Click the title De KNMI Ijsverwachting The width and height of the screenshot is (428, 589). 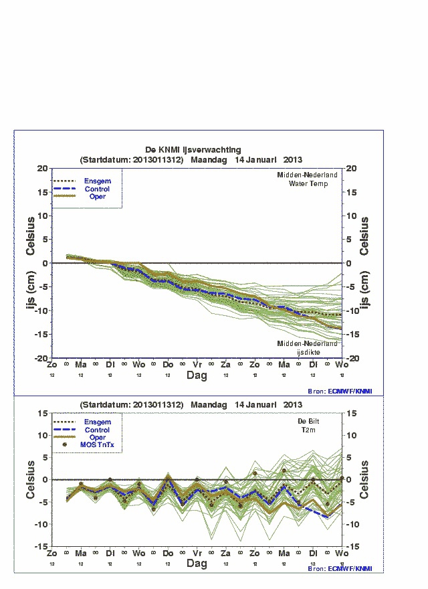point(193,150)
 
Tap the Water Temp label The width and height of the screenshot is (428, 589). point(308,183)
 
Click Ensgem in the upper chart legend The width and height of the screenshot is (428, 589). point(97,181)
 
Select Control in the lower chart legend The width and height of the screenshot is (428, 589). point(97,430)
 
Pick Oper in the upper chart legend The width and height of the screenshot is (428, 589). point(97,197)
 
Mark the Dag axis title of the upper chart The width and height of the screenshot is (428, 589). point(197,375)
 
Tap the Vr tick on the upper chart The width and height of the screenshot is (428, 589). point(197,364)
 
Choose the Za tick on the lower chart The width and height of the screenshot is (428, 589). point(225,554)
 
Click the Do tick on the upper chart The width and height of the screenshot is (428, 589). point(168,364)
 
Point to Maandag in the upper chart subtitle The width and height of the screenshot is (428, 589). point(209,160)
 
